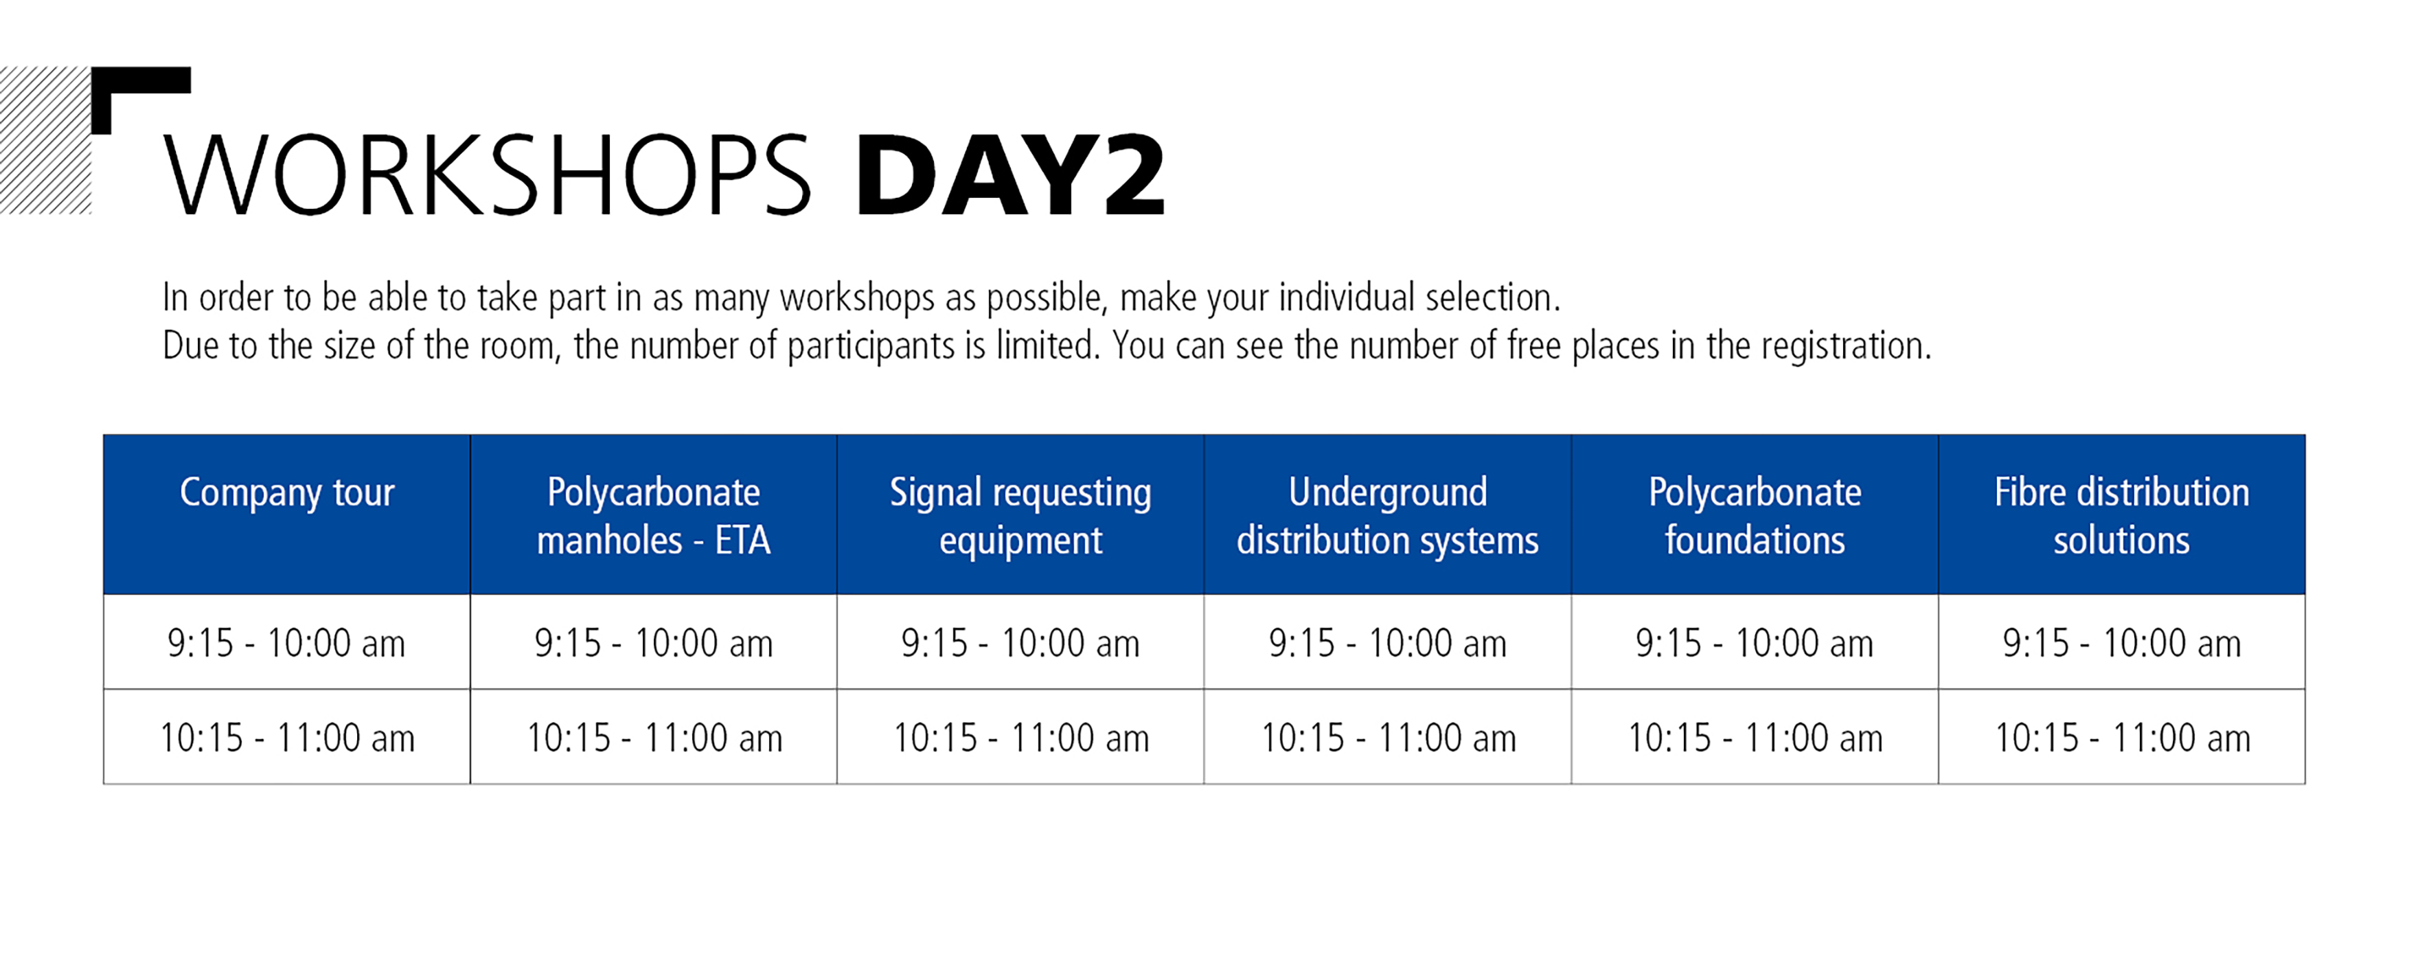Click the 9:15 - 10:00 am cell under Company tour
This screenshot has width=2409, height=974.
[x=286, y=643]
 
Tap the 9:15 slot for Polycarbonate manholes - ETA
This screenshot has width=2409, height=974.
[x=654, y=643]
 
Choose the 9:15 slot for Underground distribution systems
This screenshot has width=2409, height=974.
[x=1388, y=643]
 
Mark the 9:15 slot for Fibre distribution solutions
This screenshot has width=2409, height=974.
[x=2122, y=643]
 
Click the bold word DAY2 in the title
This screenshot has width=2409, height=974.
[x=1011, y=175]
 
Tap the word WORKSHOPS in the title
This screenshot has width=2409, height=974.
[x=486, y=175]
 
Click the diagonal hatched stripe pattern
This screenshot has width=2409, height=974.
[x=45, y=140]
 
